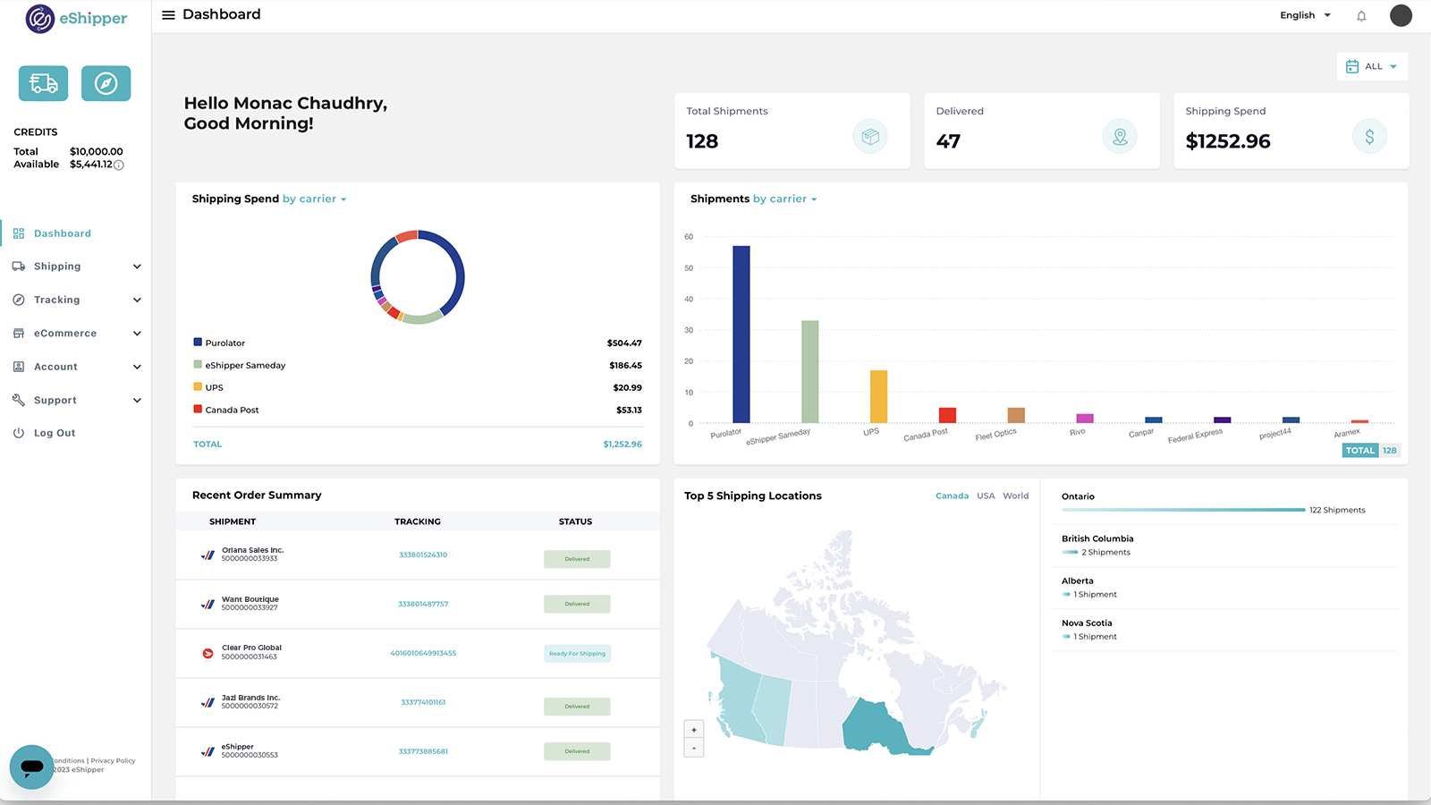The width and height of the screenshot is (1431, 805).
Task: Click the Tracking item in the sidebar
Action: (x=57, y=300)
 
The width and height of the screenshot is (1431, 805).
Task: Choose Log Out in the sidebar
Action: (x=55, y=433)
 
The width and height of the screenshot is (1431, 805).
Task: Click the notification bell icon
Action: (x=1361, y=16)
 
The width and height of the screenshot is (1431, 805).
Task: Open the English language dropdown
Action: (x=1305, y=15)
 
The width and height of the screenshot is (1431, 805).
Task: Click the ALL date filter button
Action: (x=1372, y=66)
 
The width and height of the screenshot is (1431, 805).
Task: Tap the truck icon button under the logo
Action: (x=43, y=83)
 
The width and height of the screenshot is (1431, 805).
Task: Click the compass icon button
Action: (x=106, y=83)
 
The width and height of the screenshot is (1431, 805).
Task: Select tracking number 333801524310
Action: (x=423, y=555)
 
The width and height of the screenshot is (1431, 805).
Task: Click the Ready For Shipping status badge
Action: (x=577, y=654)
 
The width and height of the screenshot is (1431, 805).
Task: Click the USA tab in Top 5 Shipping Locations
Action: (x=986, y=496)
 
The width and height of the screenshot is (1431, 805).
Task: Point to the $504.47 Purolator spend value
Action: (x=623, y=343)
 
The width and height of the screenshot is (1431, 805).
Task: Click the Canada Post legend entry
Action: (x=232, y=410)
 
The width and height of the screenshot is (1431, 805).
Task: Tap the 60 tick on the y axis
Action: (x=689, y=237)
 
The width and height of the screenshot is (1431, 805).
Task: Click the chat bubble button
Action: (x=32, y=767)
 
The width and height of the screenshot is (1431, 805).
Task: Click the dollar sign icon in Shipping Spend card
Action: (x=1368, y=137)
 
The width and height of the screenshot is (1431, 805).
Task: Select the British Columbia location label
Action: (x=1097, y=538)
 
